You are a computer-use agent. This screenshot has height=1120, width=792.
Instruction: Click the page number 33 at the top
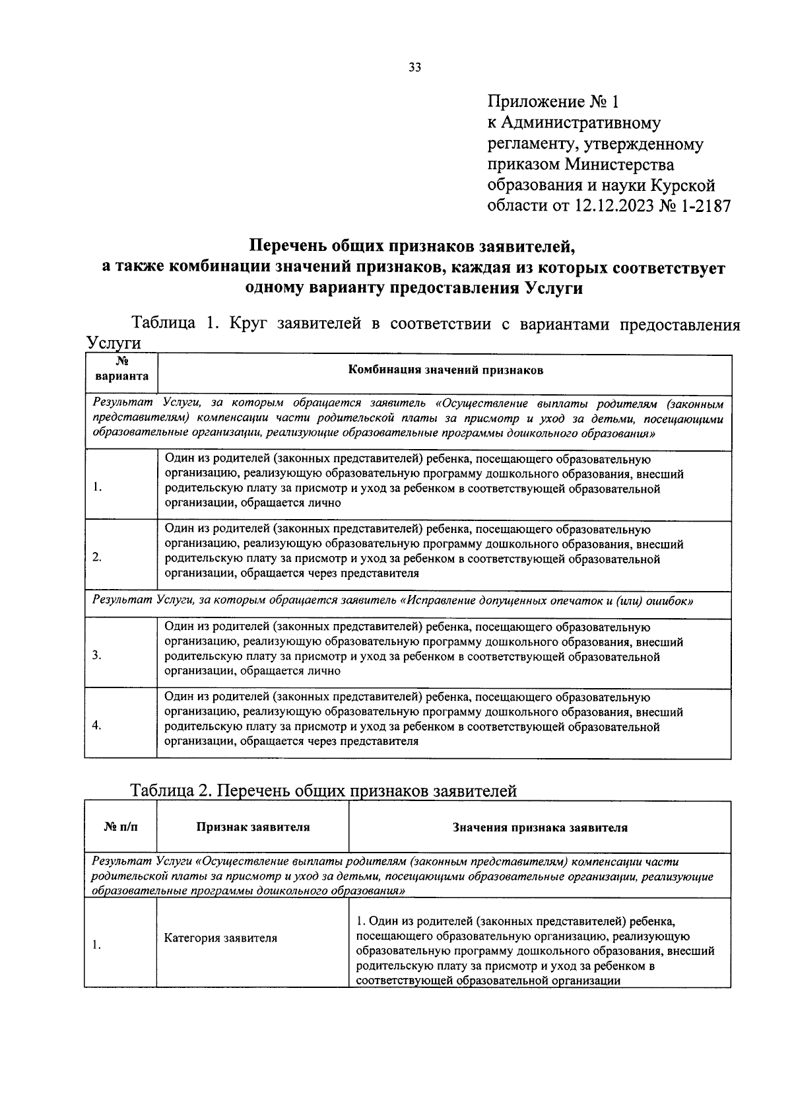pyautogui.click(x=414, y=67)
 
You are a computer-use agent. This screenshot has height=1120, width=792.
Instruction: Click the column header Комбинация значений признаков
pyautogui.click(x=445, y=370)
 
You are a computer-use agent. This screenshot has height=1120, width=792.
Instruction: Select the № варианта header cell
pyautogui.click(x=121, y=370)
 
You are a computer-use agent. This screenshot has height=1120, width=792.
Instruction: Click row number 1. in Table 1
pyautogui.click(x=97, y=487)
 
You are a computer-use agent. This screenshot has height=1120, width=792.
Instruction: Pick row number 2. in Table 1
pyautogui.click(x=97, y=557)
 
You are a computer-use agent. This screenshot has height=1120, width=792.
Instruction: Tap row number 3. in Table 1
pyautogui.click(x=97, y=655)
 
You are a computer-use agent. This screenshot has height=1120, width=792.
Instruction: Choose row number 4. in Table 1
pyautogui.click(x=97, y=726)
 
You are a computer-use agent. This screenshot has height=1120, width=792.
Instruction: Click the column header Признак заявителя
pyautogui.click(x=253, y=827)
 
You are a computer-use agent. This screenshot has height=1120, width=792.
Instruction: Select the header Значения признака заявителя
pyautogui.click(x=540, y=827)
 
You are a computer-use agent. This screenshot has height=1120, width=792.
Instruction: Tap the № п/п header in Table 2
pyautogui.click(x=121, y=827)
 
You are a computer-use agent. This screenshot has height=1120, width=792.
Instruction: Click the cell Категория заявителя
pyautogui.click(x=220, y=938)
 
